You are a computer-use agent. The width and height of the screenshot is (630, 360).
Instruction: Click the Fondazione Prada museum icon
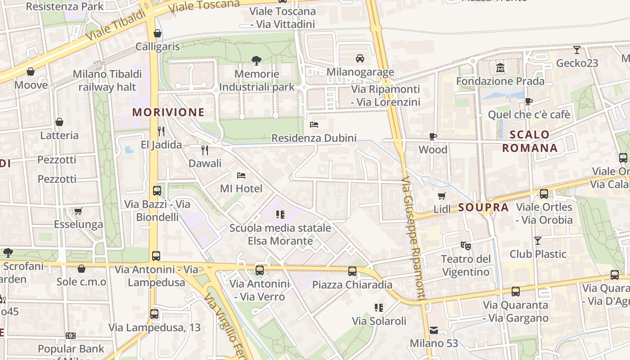(x=500, y=68)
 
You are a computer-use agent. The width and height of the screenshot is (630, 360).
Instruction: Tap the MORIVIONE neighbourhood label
(x=168, y=112)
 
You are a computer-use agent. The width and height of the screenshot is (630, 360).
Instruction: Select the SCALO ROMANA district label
(x=530, y=141)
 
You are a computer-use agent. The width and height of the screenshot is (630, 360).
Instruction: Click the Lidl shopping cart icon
(x=442, y=196)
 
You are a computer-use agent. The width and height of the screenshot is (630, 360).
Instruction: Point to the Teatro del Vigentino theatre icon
(x=465, y=246)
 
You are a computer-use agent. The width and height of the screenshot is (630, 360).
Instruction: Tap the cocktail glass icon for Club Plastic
(x=537, y=240)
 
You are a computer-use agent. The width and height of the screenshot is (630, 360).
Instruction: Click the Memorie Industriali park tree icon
(x=256, y=60)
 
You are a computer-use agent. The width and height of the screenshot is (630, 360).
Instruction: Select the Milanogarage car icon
(x=360, y=58)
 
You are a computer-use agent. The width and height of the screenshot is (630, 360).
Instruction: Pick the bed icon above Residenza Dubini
(x=314, y=125)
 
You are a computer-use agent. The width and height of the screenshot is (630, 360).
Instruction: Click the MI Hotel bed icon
(x=241, y=175)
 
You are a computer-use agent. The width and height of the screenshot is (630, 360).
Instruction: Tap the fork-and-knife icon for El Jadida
(x=161, y=131)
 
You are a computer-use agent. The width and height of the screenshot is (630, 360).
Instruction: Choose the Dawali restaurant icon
(x=205, y=150)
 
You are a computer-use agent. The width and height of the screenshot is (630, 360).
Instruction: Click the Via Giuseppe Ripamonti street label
(x=413, y=238)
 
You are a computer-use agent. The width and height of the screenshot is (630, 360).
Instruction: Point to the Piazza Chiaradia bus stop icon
(x=352, y=271)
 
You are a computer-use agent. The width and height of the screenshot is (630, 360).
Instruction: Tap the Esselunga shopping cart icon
(x=78, y=211)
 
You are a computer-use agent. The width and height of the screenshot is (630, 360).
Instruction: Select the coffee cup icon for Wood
(x=433, y=136)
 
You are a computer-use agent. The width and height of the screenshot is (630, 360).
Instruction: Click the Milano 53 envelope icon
(x=433, y=330)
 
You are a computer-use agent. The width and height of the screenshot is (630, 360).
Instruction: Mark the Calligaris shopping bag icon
(x=157, y=33)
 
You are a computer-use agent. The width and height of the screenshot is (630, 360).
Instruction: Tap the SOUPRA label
(x=483, y=207)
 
